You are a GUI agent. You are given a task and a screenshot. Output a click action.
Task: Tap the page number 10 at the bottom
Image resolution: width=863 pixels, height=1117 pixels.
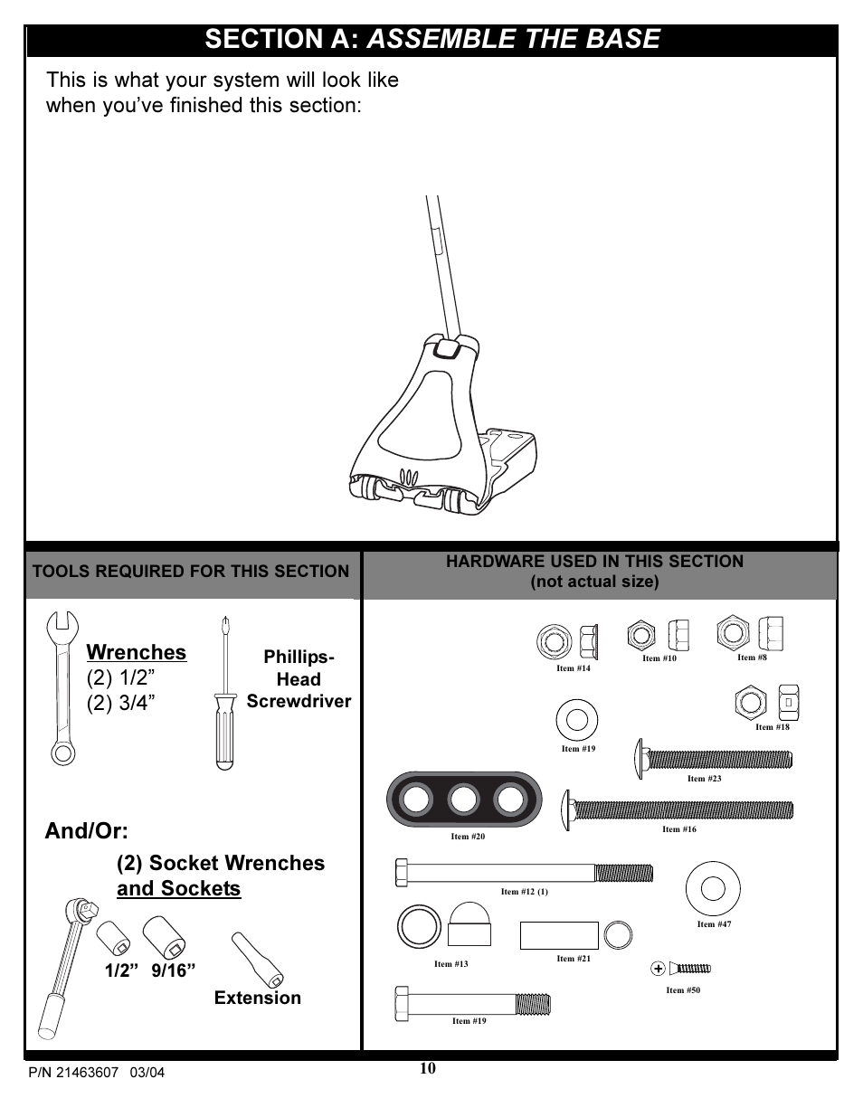428,1068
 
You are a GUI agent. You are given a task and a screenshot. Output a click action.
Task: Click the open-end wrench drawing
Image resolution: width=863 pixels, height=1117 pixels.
62,688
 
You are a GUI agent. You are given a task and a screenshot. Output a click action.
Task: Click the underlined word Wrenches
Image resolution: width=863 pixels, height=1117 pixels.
137,652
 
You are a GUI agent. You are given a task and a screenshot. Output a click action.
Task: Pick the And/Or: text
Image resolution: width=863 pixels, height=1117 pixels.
86,830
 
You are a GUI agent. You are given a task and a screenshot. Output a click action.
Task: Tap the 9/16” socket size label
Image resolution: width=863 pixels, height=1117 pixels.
175,970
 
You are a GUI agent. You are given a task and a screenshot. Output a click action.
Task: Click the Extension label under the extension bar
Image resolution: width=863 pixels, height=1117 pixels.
258,998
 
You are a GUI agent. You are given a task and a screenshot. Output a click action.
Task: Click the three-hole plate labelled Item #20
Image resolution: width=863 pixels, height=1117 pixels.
462,800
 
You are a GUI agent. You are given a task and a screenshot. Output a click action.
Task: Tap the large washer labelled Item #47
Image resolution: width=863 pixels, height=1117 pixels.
714,889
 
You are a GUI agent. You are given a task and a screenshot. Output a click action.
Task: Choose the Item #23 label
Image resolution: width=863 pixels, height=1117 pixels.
704,778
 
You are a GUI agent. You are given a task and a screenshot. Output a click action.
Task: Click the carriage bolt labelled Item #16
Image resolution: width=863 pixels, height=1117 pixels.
678,809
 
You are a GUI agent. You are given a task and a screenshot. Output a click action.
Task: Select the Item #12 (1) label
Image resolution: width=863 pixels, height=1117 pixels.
525,892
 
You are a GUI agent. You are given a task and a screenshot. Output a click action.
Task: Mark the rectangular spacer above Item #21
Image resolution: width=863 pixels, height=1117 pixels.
559,935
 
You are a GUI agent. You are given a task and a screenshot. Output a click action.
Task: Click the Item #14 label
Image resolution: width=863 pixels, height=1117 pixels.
574,668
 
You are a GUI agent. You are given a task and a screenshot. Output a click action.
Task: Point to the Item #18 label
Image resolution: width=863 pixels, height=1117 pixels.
773,726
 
